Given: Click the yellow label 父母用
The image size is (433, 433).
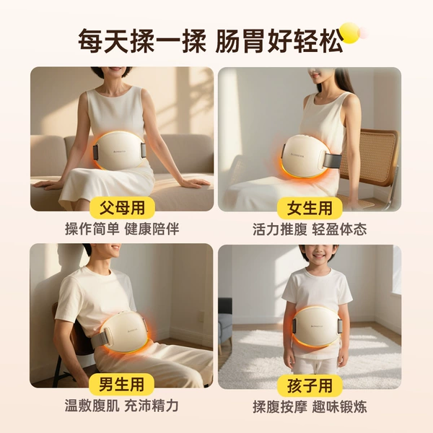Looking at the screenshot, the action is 122,208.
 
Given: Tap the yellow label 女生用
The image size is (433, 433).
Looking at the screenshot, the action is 310,208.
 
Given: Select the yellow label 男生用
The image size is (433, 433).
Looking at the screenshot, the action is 121,384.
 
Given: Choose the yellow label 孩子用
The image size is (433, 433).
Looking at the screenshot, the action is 310,385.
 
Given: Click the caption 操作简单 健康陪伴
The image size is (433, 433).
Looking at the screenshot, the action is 122,229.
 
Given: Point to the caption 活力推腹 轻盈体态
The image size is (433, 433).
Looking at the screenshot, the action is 310,229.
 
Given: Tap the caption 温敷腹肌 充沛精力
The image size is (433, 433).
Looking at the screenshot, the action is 121,406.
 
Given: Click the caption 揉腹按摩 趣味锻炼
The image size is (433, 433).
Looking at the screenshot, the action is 310,407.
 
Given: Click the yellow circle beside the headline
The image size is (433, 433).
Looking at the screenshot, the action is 350,33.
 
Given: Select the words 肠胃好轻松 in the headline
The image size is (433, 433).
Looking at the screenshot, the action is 279,40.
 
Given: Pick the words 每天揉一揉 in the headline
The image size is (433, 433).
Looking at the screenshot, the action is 142,40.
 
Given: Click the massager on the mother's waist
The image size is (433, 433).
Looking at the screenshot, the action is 119,151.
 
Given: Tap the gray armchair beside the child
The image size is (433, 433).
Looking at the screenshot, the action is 225,324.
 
